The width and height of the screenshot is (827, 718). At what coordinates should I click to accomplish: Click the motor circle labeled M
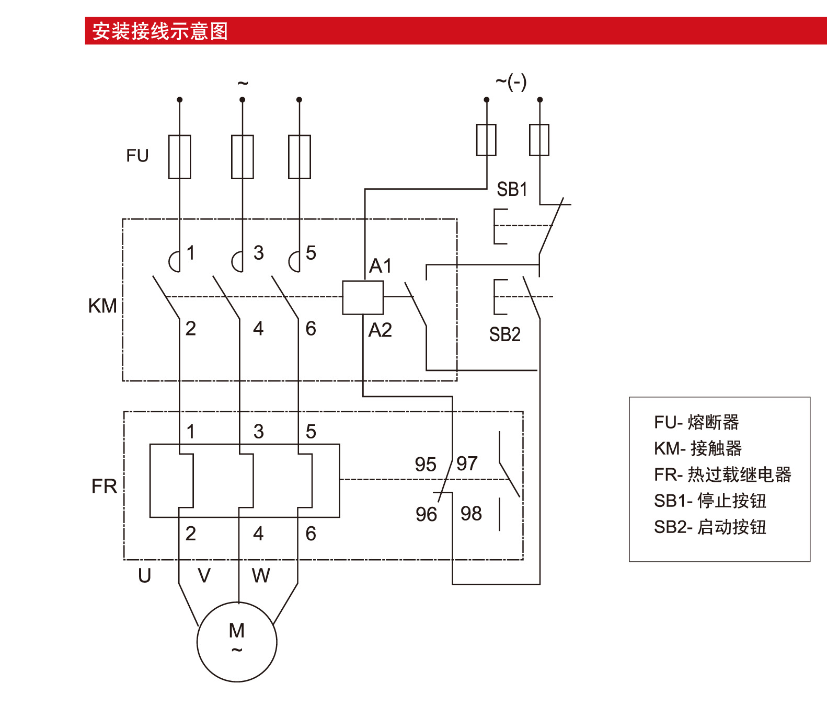point(237,642)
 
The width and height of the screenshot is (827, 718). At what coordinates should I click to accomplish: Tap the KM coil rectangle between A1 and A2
point(363,297)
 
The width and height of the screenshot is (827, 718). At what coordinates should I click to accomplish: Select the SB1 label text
point(512,189)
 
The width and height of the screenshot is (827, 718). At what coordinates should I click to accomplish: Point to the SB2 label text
point(505,334)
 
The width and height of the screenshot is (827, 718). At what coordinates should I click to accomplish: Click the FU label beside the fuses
point(137,156)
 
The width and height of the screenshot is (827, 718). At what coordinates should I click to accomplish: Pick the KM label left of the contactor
point(102,306)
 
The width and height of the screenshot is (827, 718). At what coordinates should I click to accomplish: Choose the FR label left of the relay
point(104,486)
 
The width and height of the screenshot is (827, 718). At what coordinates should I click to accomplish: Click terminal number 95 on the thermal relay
point(426,464)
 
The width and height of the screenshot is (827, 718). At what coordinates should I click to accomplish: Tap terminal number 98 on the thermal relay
point(471,514)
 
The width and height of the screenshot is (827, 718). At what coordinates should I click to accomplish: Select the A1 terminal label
point(380,266)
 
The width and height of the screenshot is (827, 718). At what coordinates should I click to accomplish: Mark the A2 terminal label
point(380,330)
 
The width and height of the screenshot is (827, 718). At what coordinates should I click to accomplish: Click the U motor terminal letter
point(145,575)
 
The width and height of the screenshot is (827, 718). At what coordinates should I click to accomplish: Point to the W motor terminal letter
point(261,575)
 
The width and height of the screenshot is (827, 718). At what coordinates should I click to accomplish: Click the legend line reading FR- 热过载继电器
point(722,474)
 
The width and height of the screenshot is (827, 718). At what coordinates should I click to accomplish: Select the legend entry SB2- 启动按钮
point(710,527)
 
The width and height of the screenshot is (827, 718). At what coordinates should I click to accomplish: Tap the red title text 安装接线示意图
point(160,31)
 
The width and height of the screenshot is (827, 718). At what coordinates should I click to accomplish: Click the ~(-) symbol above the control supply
point(511,82)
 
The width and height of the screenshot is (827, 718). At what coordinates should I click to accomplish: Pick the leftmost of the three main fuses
point(179,157)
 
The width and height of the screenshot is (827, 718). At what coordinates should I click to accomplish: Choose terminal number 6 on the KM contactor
point(311,329)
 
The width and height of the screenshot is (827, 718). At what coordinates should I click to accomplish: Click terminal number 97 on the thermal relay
point(467,464)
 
